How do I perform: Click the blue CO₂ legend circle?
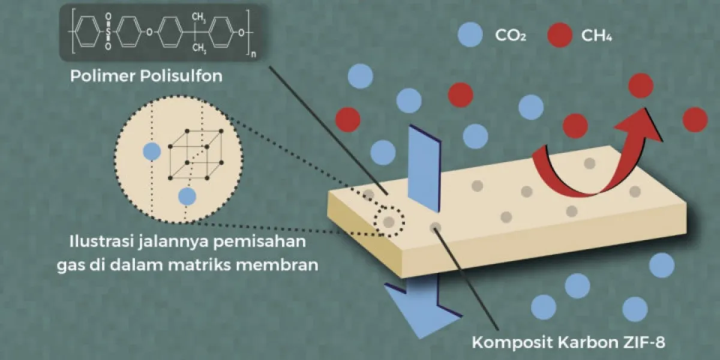click(x=470, y=35)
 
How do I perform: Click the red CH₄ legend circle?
click(x=560, y=35)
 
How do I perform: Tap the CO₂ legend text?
click(x=511, y=35)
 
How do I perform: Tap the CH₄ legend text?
click(x=596, y=35)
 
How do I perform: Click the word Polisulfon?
click(x=181, y=76)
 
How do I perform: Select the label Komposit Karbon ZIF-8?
click(x=568, y=342)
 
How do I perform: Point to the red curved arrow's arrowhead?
click(x=640, y=125)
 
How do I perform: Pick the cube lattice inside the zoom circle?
click(x=196, y=154)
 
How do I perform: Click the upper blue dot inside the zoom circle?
click(x=152, y=151)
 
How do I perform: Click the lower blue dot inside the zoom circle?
click(x=187, y=196)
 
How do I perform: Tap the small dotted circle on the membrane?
click(x=389, y=221)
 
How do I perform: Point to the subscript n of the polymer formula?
click(x=254, y=54)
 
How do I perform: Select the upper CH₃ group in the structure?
click(x=199, y=17)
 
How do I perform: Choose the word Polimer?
click(x=103, y=76)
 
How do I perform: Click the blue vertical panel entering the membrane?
click(x=424, y=169)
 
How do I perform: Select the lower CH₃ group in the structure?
click(x=199, y=48)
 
